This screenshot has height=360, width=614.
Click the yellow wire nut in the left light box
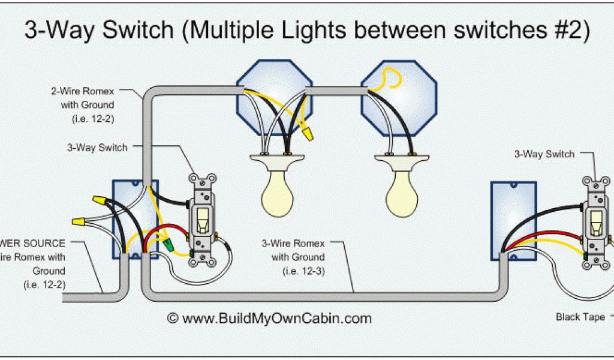[309, 133]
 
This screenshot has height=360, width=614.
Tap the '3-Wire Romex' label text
[293, 244]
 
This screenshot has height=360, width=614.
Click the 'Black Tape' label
[580, 317]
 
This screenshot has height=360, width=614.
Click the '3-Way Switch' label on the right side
[544, 154]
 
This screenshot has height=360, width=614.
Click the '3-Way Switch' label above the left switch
[97, 148]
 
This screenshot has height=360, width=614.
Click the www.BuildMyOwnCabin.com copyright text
[269, 318]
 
